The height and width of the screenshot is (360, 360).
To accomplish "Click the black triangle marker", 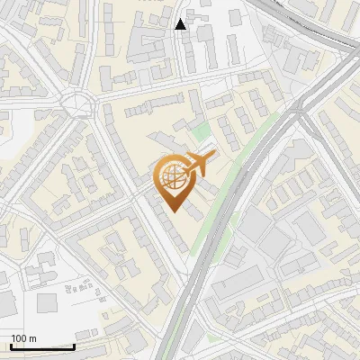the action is (181, 23).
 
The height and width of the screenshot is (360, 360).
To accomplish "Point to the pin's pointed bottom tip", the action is (171, 212).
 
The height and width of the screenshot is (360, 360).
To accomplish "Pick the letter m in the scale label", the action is (32, 338).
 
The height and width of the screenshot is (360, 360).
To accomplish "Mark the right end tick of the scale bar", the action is (74, 345).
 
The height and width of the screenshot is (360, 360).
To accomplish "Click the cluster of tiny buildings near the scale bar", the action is (81, 286).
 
